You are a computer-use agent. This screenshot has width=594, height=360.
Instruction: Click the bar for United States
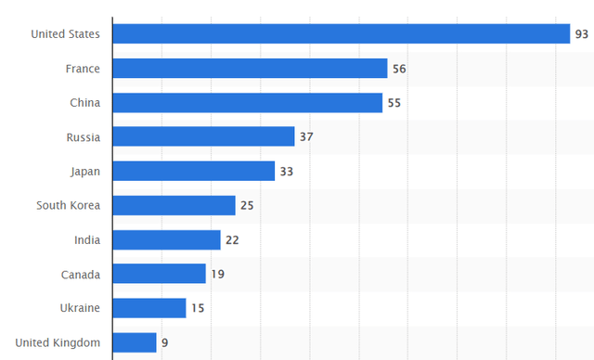click(341, 34)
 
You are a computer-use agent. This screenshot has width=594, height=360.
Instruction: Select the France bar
click(250, 69)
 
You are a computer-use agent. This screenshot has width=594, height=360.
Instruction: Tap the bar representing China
click(248, 103)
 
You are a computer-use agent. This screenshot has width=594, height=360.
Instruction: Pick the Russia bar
click(203, 137)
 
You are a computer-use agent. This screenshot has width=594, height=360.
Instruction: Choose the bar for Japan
click(194, 172)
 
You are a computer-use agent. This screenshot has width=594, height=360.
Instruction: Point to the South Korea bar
click(174, 206)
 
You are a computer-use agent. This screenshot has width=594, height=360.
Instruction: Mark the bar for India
click(167, 240)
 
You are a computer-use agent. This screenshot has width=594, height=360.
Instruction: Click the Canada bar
click(160, 274)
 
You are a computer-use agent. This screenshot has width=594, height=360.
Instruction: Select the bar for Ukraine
click(149, 308)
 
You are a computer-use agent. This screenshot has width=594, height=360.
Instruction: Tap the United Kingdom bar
click(135, 342)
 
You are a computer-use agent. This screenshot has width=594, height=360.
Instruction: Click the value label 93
click(582, 34)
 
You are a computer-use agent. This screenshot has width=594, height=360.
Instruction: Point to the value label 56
click(399, 69)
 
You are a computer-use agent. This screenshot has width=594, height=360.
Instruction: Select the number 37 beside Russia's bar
click(306, 137)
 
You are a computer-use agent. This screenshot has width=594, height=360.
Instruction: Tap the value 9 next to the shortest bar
click(164, 342)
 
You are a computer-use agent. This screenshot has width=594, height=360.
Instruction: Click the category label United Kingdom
click(58, 342)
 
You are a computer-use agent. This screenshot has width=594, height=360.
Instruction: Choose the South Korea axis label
click(69, 206)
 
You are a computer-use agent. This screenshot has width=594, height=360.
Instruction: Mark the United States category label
click(65, 34)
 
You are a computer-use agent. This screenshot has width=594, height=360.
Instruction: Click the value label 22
click(232, 240)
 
